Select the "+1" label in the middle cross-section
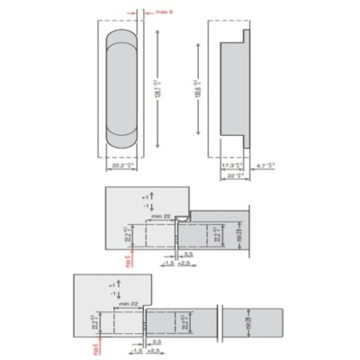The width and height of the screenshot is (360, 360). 144,195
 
